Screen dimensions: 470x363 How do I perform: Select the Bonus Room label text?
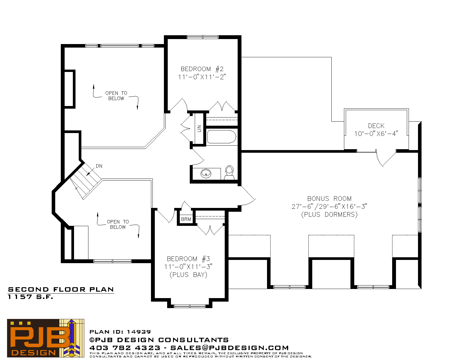click(x=329, y=199)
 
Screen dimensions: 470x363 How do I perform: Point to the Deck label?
click(x=376, y=126)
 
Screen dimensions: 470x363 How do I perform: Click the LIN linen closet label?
click(x=199, y=129)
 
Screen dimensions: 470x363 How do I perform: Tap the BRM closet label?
click(x=186, y=219)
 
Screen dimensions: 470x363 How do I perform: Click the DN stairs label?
click(x=99, y=166)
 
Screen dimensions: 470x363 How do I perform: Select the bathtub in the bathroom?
click(x=221, y=137)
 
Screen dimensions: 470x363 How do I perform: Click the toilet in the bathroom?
click(x=229, y=172)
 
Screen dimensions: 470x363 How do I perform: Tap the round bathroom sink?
click(x=206, y=173)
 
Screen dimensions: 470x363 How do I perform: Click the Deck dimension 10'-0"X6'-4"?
click(x=376, y=134)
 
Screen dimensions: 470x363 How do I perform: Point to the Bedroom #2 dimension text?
click(x=202, y=77)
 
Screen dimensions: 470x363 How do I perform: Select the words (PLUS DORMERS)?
click(x=329, y=214)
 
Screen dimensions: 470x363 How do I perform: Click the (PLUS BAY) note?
click(x=188, y=275)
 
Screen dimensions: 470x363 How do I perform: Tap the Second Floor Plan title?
click(x=61, y=290)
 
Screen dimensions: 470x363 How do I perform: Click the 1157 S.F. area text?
click(x=30, y=297)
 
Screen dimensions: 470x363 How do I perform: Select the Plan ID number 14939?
click(x=139, y=332)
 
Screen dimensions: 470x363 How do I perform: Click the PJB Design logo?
click(x=46, y=338)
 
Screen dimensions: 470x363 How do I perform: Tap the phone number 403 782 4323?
click(x=125, y=348)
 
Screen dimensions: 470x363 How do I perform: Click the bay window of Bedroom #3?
click(x=190, y=306)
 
